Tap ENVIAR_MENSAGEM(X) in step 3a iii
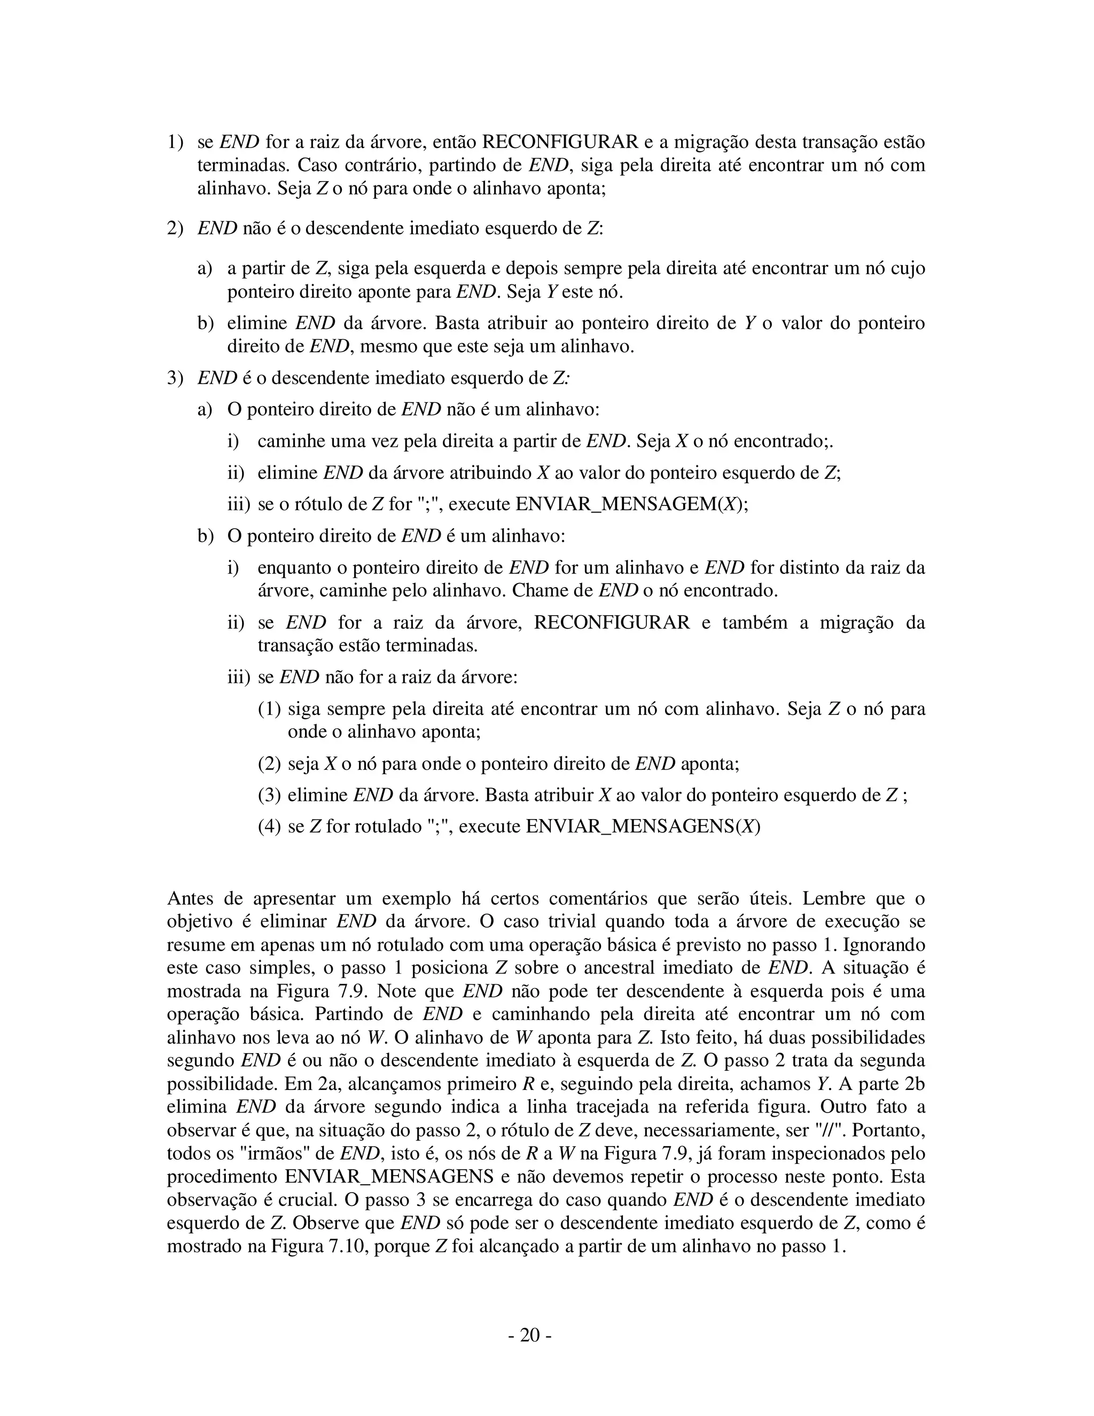coord(631,504)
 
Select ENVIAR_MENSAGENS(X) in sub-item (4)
coord(642,827)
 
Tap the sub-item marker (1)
coord(269,709)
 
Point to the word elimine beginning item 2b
coord(256,323)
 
